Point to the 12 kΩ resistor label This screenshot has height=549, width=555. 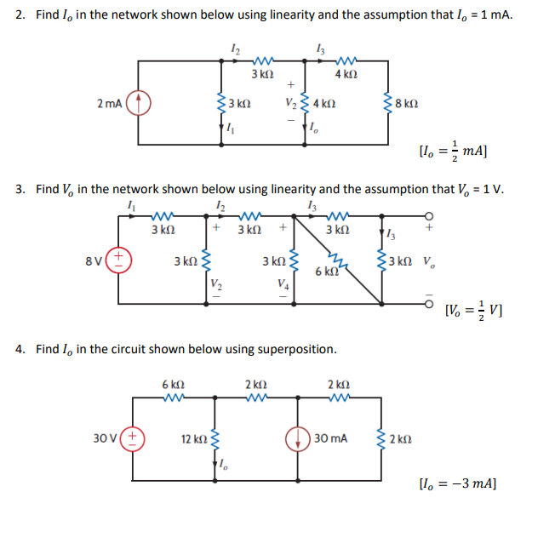coord(193,439)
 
